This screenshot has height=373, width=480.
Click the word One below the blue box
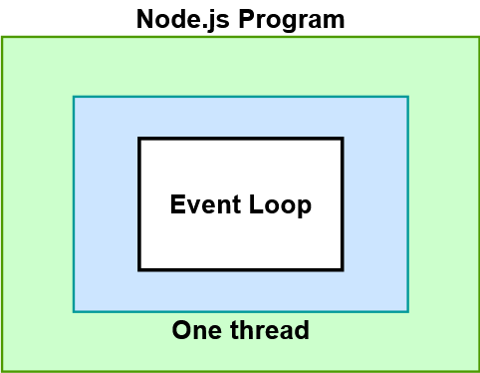[195, 330]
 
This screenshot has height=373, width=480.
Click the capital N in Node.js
[145, 19]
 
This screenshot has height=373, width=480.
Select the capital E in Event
[177, 205]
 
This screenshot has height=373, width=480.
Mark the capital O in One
[181, 330]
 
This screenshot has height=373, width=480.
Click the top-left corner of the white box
[139, 140]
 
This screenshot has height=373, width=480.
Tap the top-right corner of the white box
[342, 140]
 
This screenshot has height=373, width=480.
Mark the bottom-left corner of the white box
[139, 269]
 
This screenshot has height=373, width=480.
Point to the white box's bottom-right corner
[342, 269]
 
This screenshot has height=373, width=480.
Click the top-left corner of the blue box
[74, 97]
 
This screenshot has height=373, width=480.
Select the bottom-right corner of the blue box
[407, 311]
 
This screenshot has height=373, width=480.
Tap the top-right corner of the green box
[478, 38]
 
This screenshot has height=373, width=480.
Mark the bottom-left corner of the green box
[2, 370]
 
